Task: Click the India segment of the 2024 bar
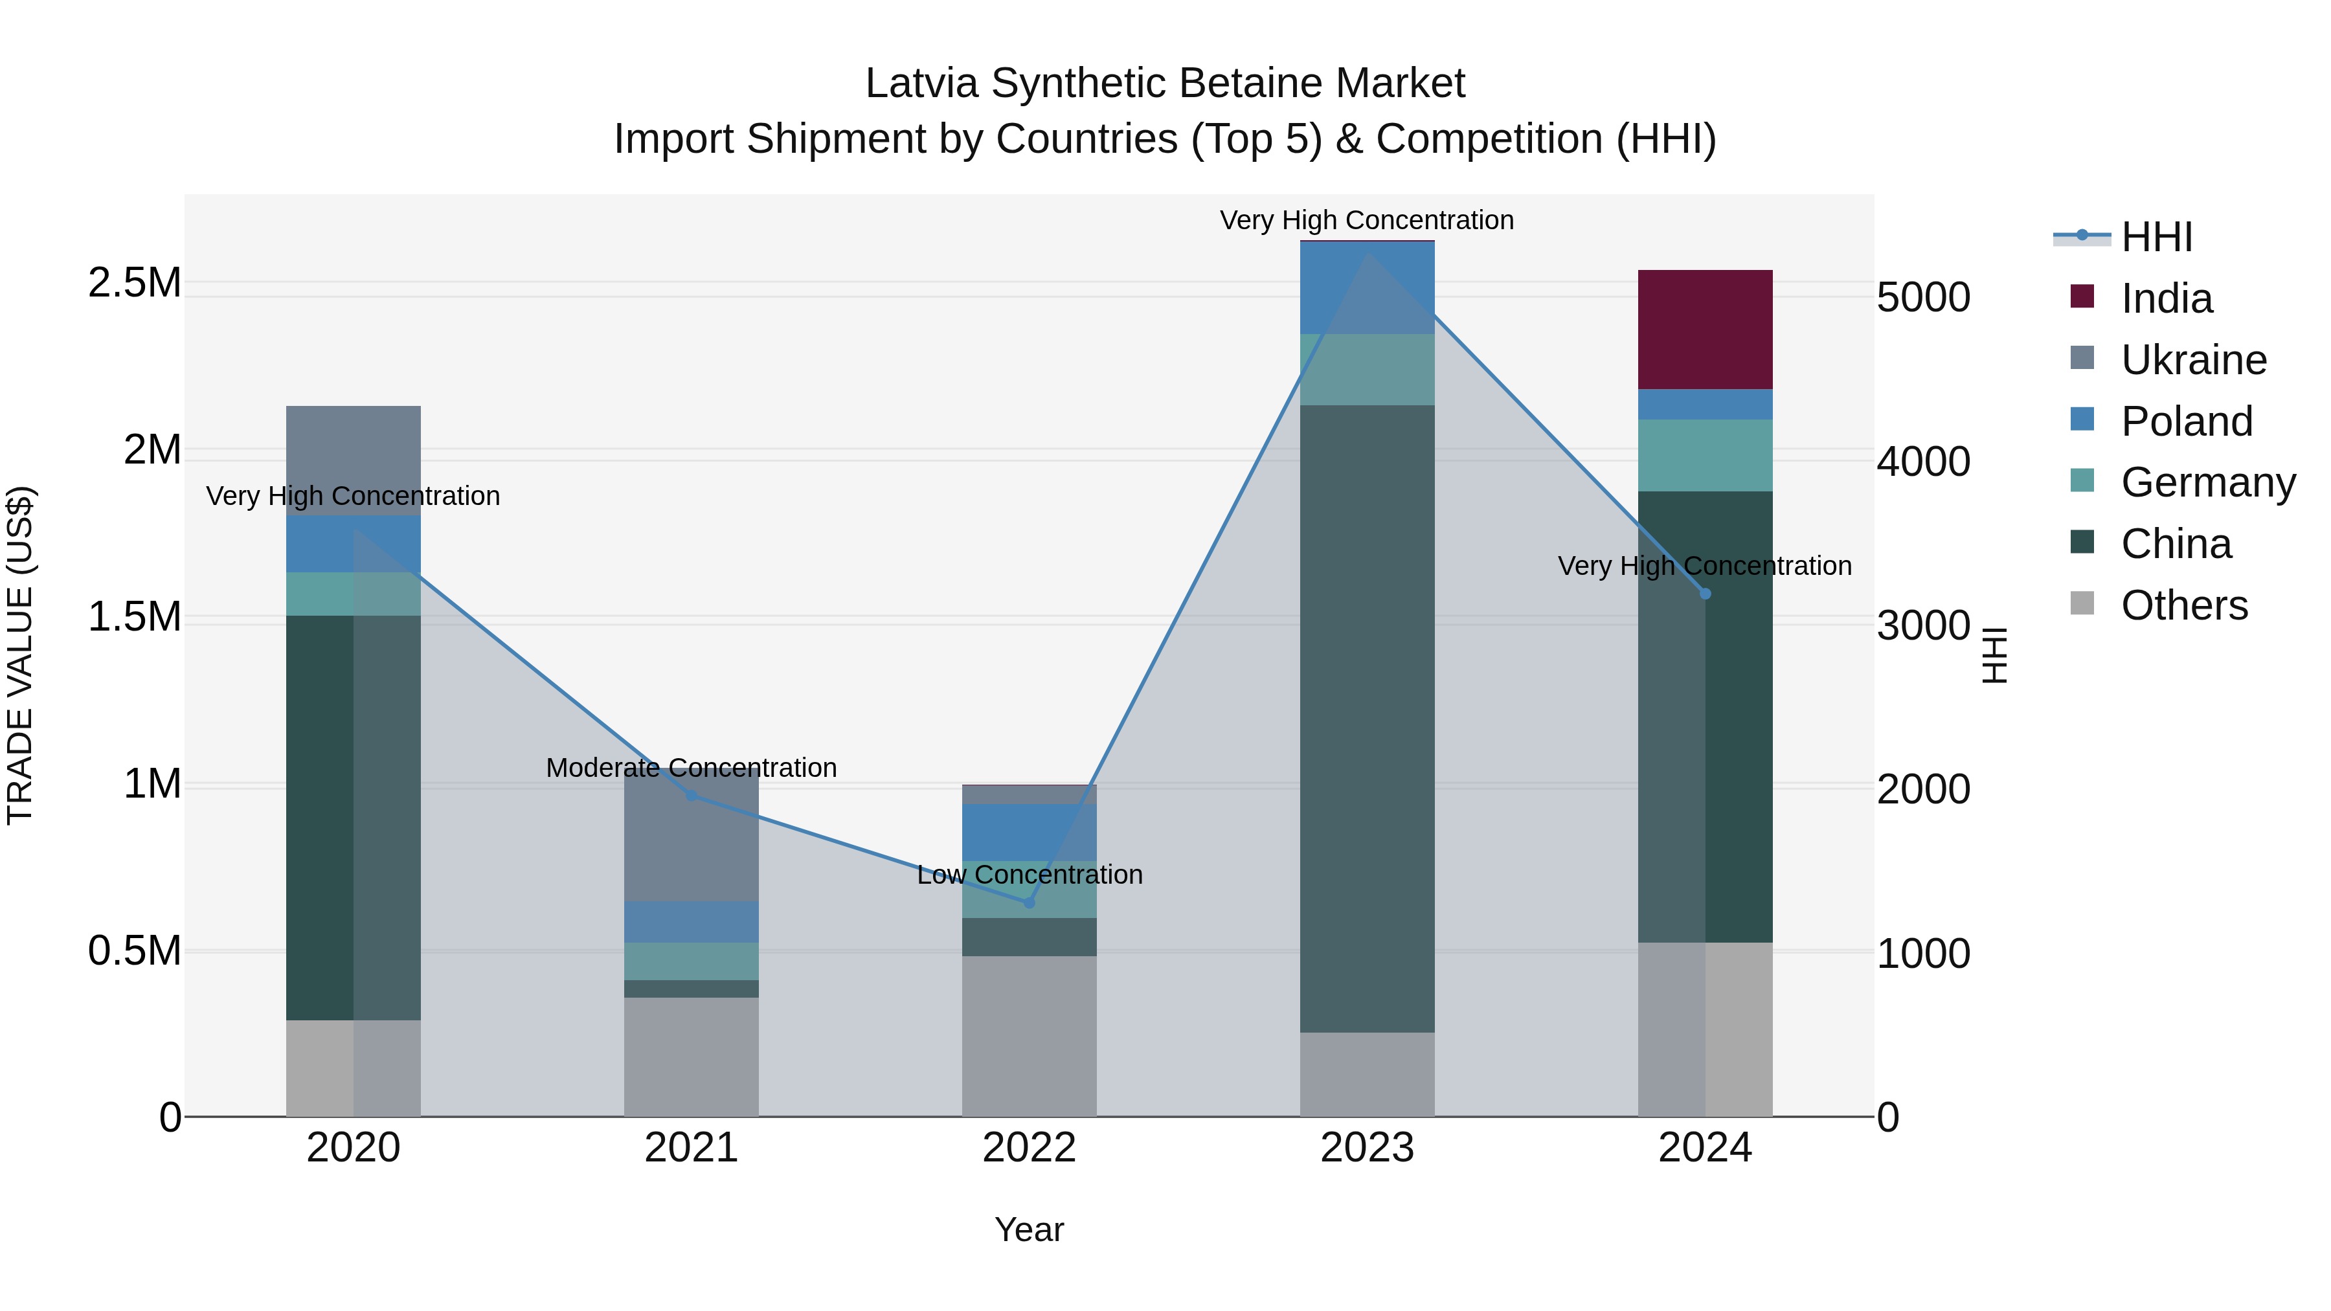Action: pos(1705,330)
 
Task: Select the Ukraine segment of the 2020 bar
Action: pos(353,460)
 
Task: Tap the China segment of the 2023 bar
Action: pos(1366,719)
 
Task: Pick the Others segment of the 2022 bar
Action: pos(1029,1036)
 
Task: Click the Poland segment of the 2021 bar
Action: pos(692,921)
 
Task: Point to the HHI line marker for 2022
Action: pos(1029,902)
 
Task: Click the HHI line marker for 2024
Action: pos(1705,594)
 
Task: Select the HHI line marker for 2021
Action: pos(692,795)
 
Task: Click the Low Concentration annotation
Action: pos(1029,875)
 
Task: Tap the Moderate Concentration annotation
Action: pos(692,767)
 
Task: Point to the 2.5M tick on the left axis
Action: pos(134,283)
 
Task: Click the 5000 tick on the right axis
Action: pos(1923,298)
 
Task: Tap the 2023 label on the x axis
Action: pos(1366,1148)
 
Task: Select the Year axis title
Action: pos(1029,1229)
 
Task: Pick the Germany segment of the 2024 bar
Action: pos(1705,455)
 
